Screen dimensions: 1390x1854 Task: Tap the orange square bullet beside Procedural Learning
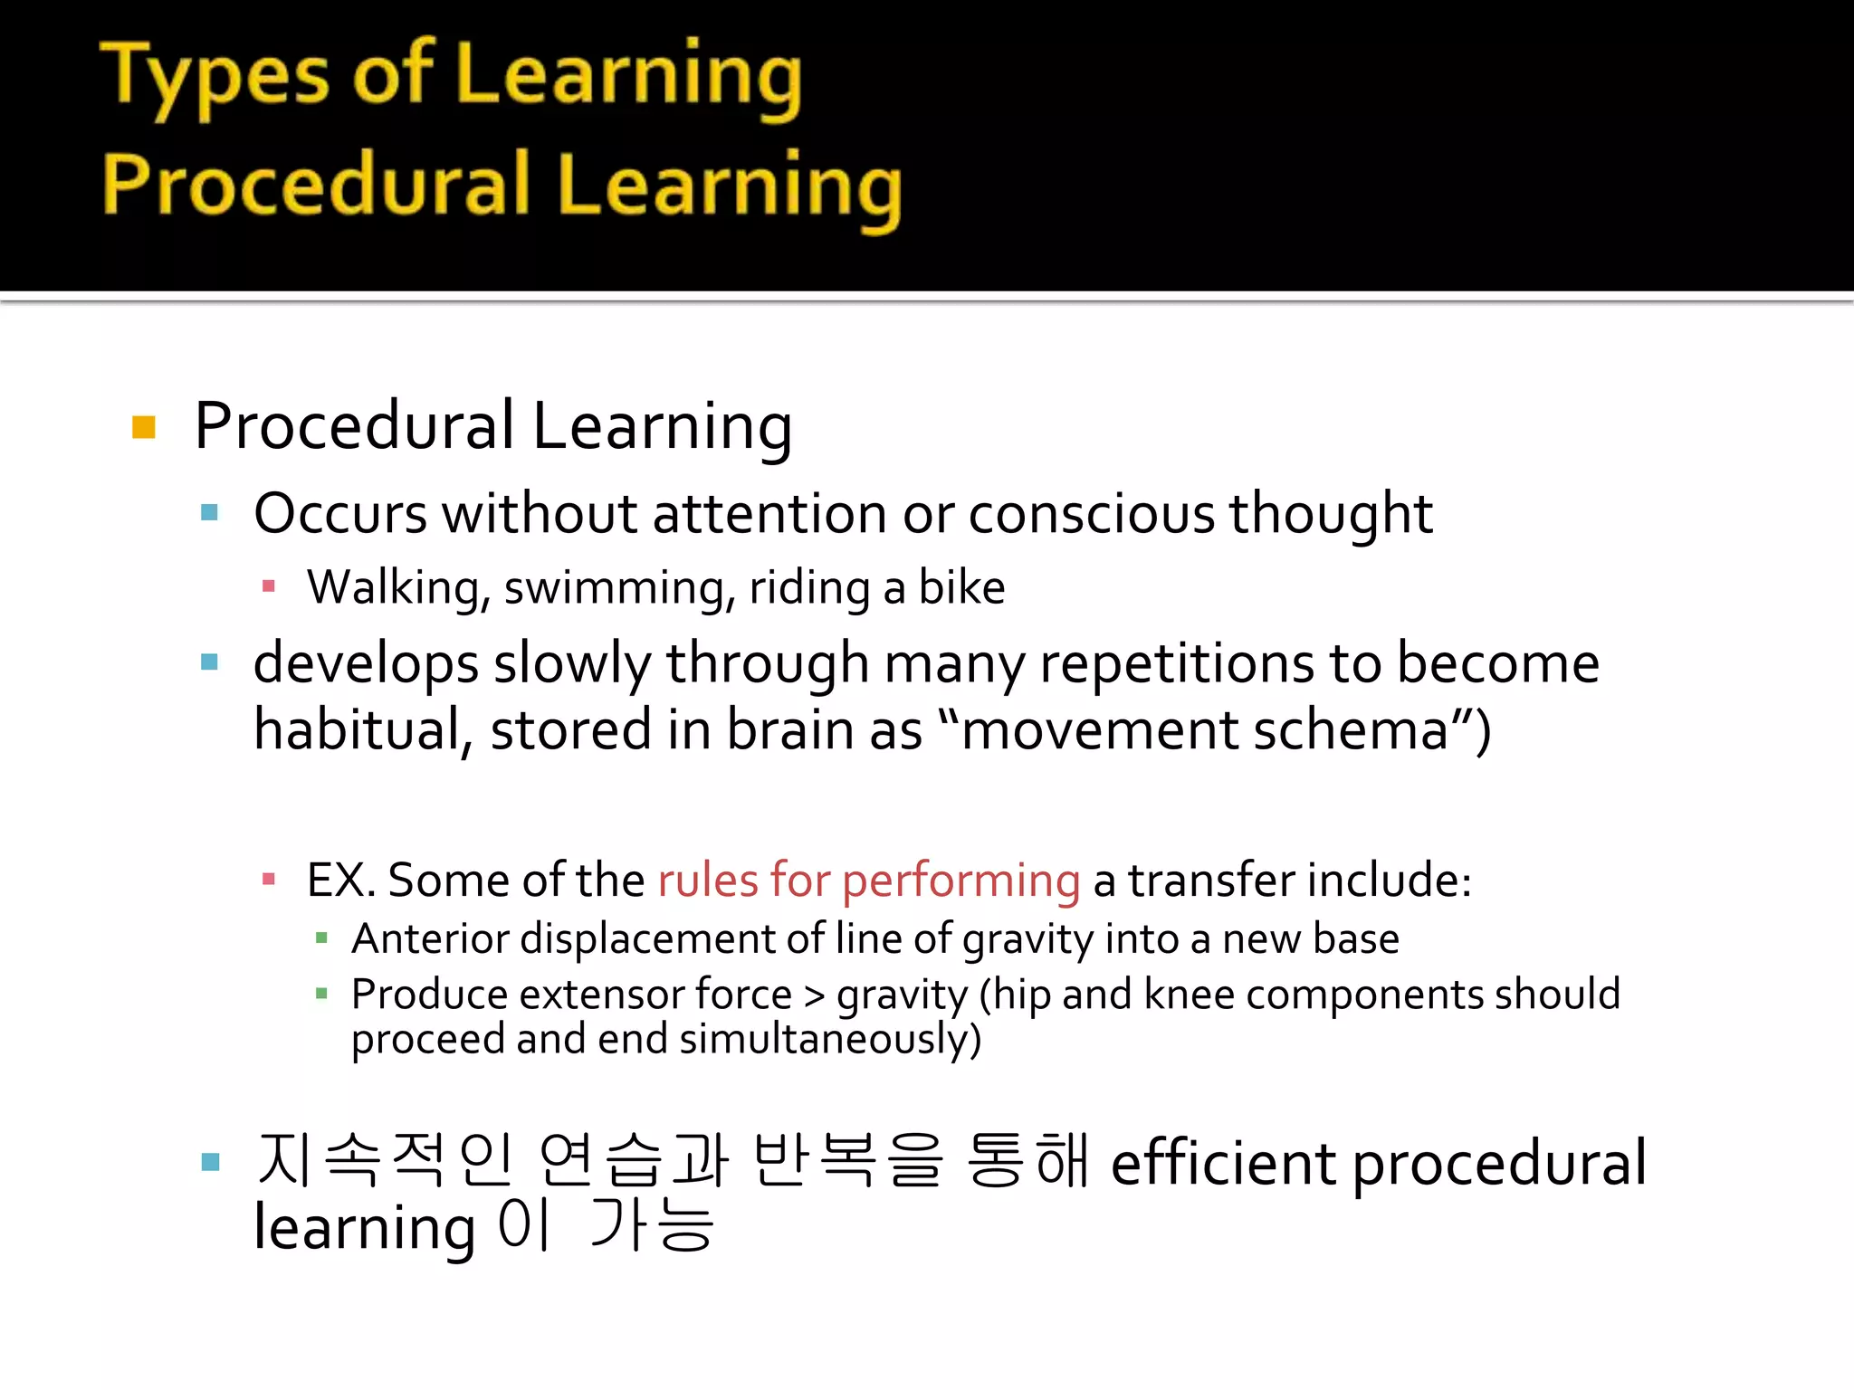[x=144, y=427]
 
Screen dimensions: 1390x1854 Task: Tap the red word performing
[x=960, y=881]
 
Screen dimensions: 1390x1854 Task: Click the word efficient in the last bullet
[x=1223, y=1164]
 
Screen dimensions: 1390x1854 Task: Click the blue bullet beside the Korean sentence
[x=211, y=1162]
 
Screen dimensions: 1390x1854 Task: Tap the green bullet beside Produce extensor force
[x=321, y=995]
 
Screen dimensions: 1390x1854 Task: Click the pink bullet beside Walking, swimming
[x=268, y=587]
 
